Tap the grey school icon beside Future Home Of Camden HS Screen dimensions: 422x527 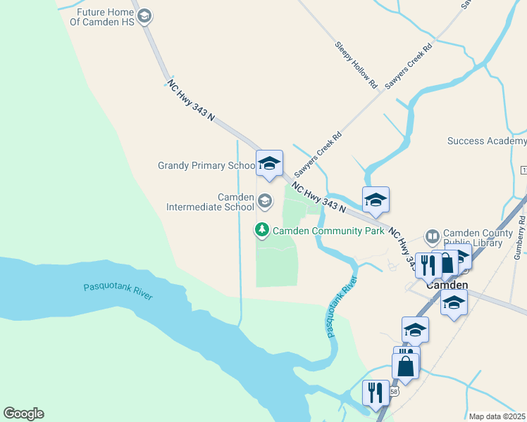(144, 16)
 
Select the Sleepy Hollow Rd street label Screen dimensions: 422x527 (356, 65)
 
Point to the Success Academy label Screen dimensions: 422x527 (487, 141)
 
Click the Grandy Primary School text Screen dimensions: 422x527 (206, 166)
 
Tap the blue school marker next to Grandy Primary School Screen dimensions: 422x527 (268, 163)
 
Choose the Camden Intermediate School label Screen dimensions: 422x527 (209, 202)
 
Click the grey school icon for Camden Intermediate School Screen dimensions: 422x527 (265, 202)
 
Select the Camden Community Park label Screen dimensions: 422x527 (328, 230)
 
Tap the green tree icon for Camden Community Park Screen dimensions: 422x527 (262, 230)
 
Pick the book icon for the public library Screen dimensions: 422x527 (433, 236)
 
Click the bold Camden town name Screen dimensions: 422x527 (447, 286)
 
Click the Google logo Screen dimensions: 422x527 (23, 414)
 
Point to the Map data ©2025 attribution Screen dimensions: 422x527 (497, 416)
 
